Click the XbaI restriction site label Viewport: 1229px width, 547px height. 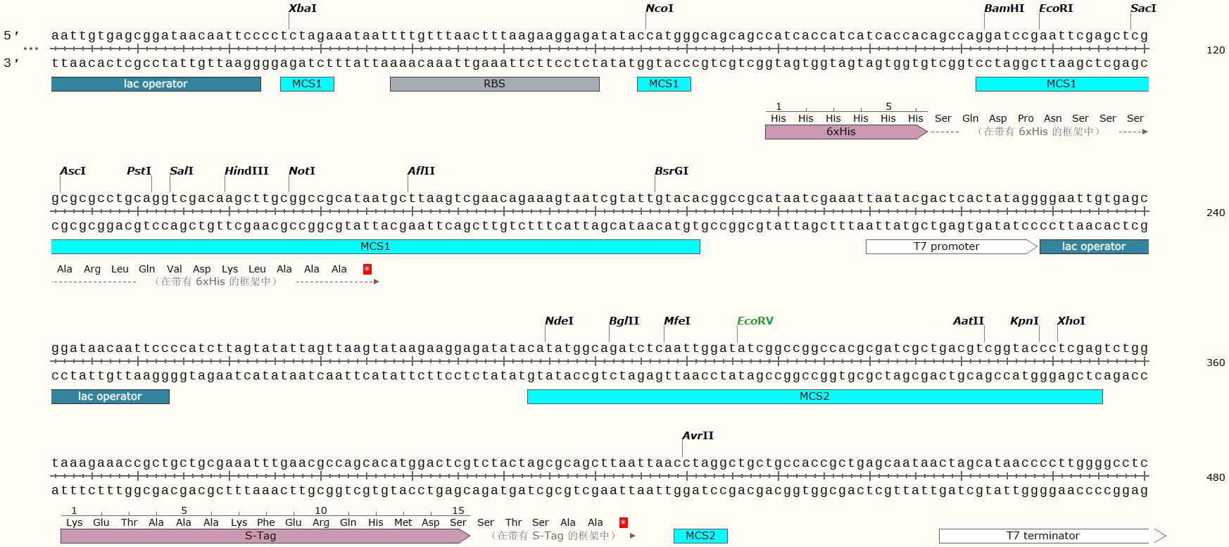point(303,8)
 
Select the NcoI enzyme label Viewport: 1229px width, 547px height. point(660,8)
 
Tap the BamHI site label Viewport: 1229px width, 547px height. point(1004,8)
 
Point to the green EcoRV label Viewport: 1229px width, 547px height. point(755,321)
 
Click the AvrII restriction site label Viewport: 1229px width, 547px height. point(698,436)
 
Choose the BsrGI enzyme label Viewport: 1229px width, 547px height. point(672,171)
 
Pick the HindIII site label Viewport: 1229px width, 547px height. point(246,171)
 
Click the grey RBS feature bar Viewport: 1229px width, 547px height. point(494,84)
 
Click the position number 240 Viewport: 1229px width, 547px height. point(1216,213)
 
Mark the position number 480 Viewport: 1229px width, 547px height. point(1216,477)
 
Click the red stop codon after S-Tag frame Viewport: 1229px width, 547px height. point(623,522)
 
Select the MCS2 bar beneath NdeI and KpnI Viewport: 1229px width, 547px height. point(814,396)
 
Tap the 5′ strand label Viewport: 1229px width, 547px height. point(11,35)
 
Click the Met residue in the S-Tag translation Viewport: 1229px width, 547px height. point(403,522)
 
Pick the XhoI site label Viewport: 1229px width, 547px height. point(1071,321)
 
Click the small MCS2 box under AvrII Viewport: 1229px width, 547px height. point(700,536)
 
